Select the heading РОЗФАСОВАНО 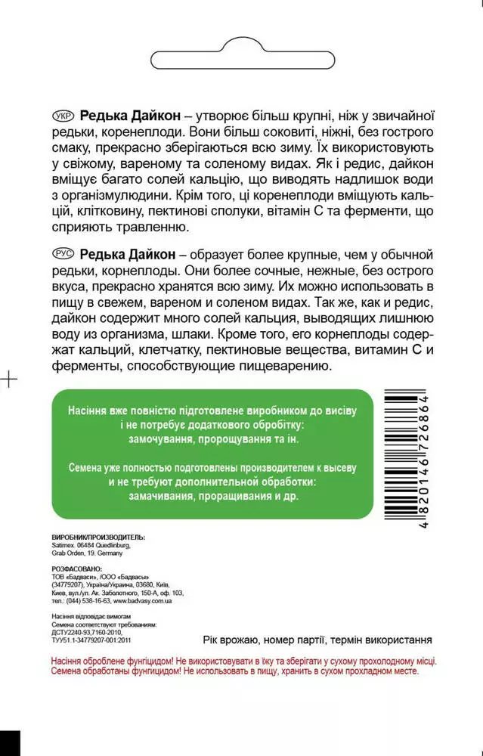[x=76, y=566]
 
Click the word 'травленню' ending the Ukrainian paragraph [x=150, y=227]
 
